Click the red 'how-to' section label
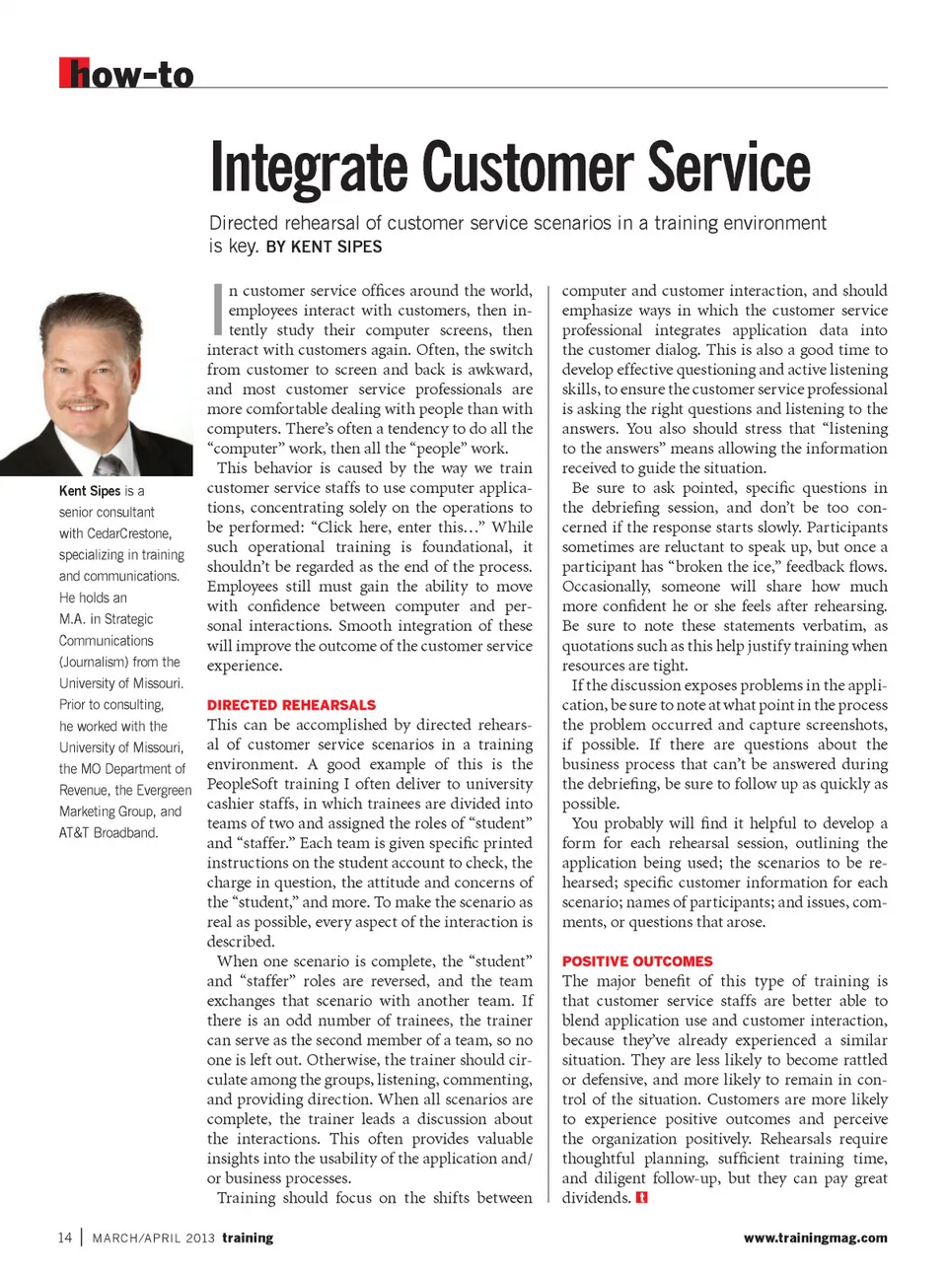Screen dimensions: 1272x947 pos(126,74)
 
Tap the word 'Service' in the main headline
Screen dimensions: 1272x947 pos(729,169)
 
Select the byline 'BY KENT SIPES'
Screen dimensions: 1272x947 pos(324,247)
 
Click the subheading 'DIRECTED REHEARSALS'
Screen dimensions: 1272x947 pos(291,705)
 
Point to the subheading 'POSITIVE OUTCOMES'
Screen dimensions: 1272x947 pos(637,961)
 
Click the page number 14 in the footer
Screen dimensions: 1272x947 pos(65,1237)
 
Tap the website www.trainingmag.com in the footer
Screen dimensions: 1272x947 pos(815,1237)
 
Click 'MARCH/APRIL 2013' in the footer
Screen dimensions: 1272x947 pos(153,1237)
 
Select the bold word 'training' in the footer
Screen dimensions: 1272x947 pos(248,1237)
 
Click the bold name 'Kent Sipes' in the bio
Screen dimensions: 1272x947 pos(89,491)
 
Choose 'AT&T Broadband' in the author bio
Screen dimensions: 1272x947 pos(109,833)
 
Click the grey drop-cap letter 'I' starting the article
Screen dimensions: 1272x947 pos(216,309)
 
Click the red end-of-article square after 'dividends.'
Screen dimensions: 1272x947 pos(642,1198)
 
